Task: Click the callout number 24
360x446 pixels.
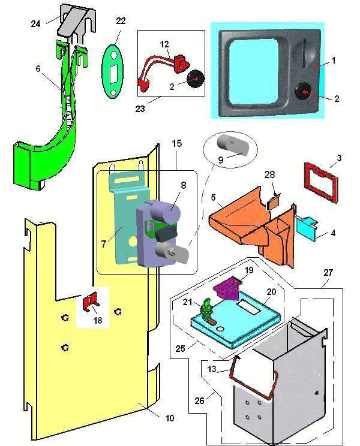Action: coord(36,23)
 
